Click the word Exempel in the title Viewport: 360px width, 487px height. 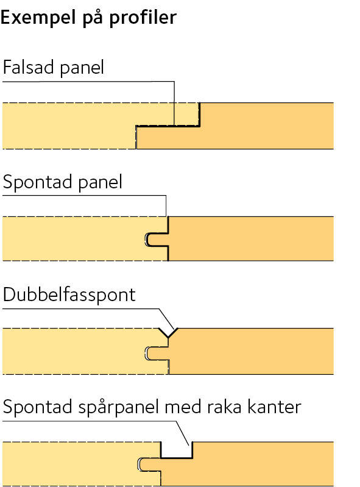pos(38,18)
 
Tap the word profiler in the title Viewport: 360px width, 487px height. pos(143,18)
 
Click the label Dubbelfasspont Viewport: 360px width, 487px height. pos(69,295)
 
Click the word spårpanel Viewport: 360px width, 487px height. pos(119,407)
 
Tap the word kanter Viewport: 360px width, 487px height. pos(274,407)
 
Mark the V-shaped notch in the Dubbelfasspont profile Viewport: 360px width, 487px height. pos(168,332)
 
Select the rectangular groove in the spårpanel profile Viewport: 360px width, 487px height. pos(177,450)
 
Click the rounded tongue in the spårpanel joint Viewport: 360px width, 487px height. pos(149,464)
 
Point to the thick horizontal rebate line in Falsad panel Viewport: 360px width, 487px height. pos(168,126)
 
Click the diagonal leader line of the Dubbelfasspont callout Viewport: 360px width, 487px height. pos(167,319)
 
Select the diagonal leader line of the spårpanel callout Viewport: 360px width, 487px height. pos(183,433)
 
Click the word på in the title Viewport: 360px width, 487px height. pos(93,18)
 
